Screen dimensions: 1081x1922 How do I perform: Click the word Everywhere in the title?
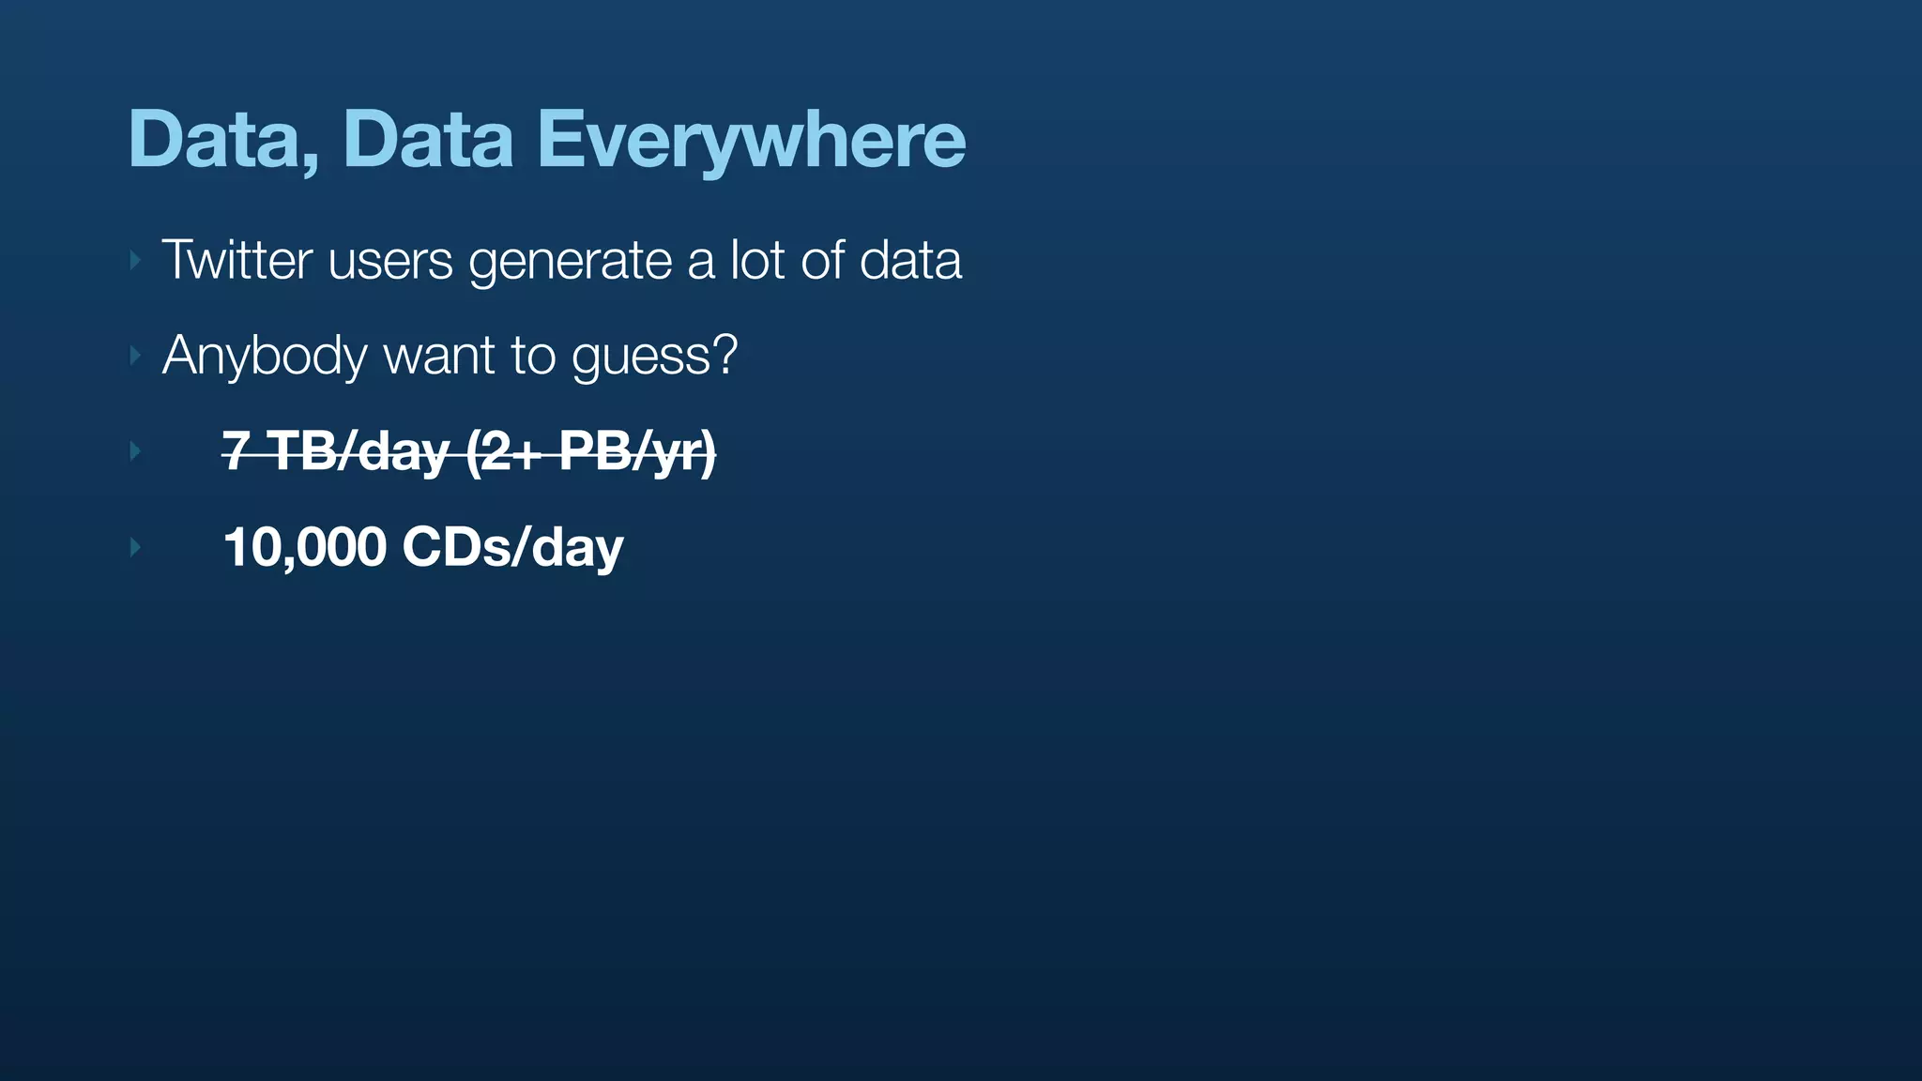[x=751, y=141]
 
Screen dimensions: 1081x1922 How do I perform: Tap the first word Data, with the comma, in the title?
[x=223, y=141]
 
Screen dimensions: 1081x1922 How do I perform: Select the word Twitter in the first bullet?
[x=236, y=260]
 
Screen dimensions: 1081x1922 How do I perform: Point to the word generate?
[x=571, y=262]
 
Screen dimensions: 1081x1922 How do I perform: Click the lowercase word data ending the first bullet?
[x=910, y=260]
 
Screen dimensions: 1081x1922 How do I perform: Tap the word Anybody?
[x=264, y=357]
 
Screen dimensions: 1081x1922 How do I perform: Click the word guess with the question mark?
[x=654, y=357]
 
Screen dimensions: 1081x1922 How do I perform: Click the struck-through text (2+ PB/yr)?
[x=590, y=451]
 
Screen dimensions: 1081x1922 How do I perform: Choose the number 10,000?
[x=305, y=547]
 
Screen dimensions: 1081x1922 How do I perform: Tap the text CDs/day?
[x=512, y=547]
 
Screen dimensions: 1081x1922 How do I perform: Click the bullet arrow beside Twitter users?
[x=135, y=260]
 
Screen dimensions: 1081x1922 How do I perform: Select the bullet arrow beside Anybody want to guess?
[x=135, y=356]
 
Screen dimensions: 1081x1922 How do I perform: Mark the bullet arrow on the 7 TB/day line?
[x=135, y=451]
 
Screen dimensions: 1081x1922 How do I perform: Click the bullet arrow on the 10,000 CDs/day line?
[x=135, y=547]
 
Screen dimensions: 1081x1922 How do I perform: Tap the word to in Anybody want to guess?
[x=532, y=357]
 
